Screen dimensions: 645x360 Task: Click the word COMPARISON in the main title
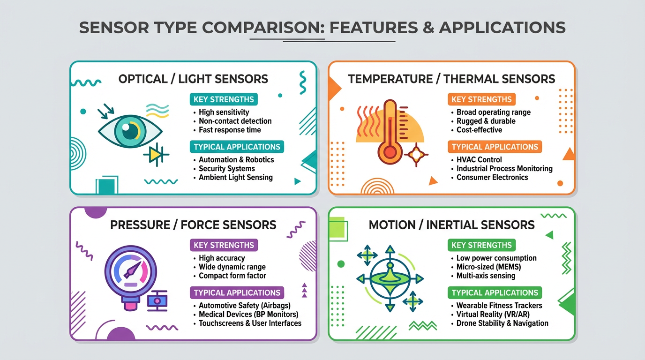[263, 28]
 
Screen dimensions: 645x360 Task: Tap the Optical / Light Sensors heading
[193, 79]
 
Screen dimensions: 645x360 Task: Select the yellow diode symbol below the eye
[156, 155]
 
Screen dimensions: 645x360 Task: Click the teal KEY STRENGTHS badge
[224, 99]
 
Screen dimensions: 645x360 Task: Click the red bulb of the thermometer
[390, 152]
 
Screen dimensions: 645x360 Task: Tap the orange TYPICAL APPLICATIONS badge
[495, 147]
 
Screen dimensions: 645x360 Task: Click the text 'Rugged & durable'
[486, 121]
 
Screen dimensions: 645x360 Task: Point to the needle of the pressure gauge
[133, 270]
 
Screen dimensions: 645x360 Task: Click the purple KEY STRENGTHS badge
[224, 245]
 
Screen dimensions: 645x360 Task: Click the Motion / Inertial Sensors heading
[451, 225]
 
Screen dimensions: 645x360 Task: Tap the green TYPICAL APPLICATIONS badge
[495, 292]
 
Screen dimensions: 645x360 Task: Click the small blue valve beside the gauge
[157, 300]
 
